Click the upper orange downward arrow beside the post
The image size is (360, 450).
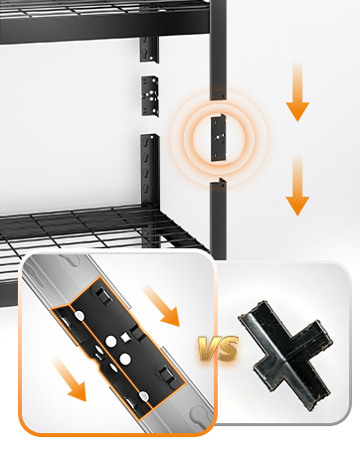click(x=297, y=91)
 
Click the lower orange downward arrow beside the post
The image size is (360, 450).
click(x=297, y=186)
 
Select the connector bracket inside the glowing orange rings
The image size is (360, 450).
click(x=219, y=138)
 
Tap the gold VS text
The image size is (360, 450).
click(x=219, y=349)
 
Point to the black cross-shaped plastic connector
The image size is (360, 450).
click(x=285, y=355)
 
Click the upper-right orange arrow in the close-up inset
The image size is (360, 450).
click(x=161, y=306)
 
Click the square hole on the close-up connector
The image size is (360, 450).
click(x=125, y=338)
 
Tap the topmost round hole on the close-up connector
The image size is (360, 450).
click(x=80, y=316)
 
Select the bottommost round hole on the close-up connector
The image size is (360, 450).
click(x=143, y=396)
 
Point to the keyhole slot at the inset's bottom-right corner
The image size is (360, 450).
click(x=198, y=414)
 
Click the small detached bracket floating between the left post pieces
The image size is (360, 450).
click(x=150, y=95)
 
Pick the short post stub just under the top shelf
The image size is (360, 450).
click(x=149, y=49)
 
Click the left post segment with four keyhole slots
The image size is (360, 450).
click(x=150, y=171)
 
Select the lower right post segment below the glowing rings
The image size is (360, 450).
click(x=219, y=220)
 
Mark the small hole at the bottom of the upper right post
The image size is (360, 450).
click(x=224, y=96)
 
